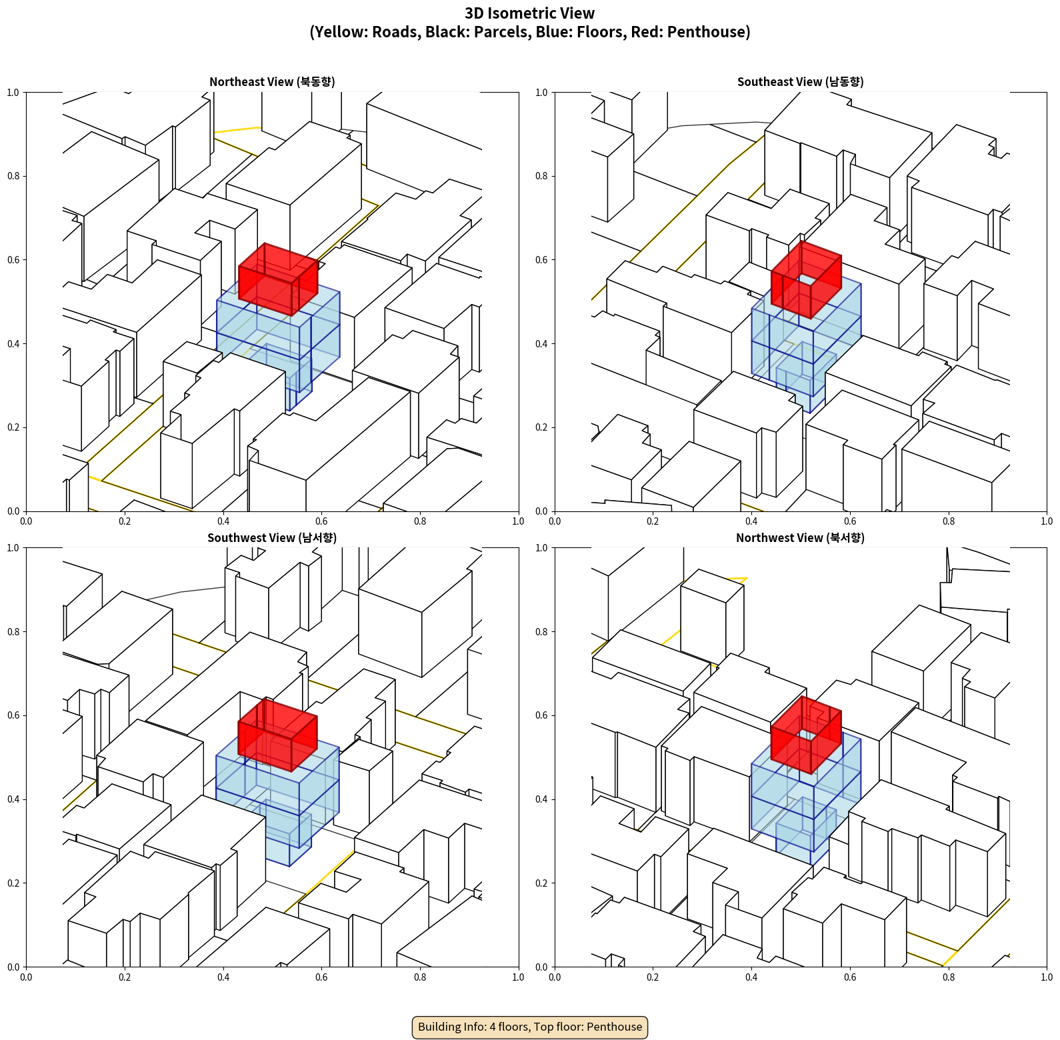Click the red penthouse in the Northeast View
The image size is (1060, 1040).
click(x=278, y=279)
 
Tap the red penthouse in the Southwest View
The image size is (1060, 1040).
click(x=277, y=735)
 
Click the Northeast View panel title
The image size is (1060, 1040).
click(x=272, y=82)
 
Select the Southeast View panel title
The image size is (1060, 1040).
click(x=800, y=82)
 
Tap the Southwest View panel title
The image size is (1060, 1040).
click(x=272, y=538)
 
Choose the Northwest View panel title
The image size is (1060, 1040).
click(x=800, y=538)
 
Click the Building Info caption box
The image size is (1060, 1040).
click(x=530, y=1027)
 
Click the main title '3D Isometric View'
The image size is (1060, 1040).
click(x=530, y=13)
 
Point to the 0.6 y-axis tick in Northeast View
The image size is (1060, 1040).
click(x=13, y=260)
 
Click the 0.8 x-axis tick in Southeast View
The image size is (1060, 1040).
click(x=949, y=521)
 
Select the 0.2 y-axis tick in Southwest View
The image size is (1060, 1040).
click(x=13, y=883)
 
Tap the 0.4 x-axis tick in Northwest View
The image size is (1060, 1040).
click(x=751, y=977)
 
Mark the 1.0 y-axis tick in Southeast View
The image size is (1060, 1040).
click(x=541, y=93)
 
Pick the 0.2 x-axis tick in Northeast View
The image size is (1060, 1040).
click(x=125, y=521)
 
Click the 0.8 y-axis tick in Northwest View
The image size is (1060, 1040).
click(x=541, y=632)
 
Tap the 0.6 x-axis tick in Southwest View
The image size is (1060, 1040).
click(x=321, y=977)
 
